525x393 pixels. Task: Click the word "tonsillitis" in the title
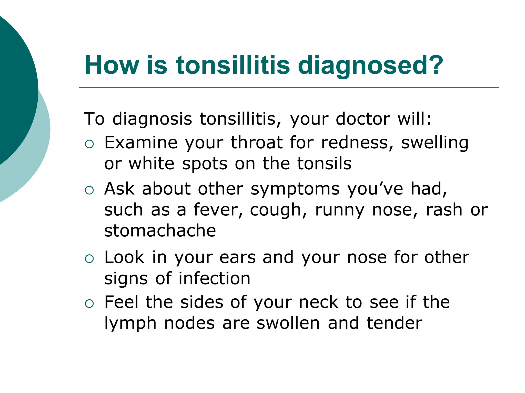[x=233, y=65]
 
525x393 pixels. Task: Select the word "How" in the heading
[x=112, y=65]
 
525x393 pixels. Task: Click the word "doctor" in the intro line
[x=363, y=119]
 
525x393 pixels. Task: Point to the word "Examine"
[x=141, y=143]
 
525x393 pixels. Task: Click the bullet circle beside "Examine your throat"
[x=89, y=144]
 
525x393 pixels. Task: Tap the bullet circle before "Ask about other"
[x=89, y=190]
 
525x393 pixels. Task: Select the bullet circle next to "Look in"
[x=89, y=259]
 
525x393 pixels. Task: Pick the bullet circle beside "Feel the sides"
[x=89, y=304]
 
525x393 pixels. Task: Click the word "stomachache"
[x=160, y=231]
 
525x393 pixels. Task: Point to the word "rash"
[x=444, y=210]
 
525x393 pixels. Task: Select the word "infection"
[x=214, y=278]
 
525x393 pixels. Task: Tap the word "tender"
[x=395, y=323]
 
